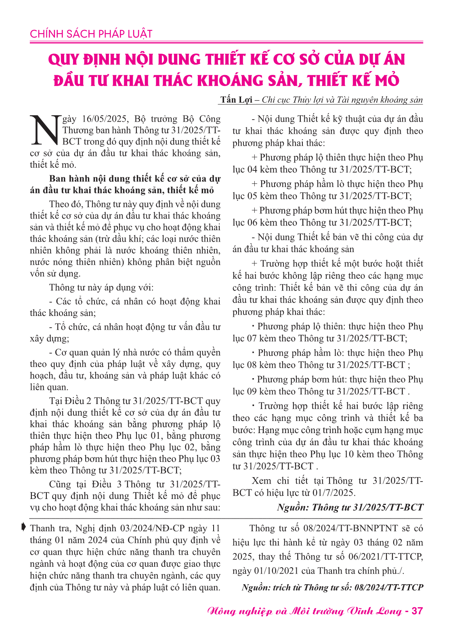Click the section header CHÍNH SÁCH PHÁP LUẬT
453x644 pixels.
click(x=91, y=34)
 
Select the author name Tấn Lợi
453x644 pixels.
click(x=236, y=100)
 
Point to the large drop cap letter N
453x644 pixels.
click(x=45, y=130)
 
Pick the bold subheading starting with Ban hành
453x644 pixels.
click(x=125, y=184)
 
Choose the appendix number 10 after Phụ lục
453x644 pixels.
click(x=349, y=454)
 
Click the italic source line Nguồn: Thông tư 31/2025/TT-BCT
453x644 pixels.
click(x=350, y=507)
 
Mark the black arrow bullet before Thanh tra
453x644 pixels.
click(x=24, y=527)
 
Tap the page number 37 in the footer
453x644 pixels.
click(x=417, y=610)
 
